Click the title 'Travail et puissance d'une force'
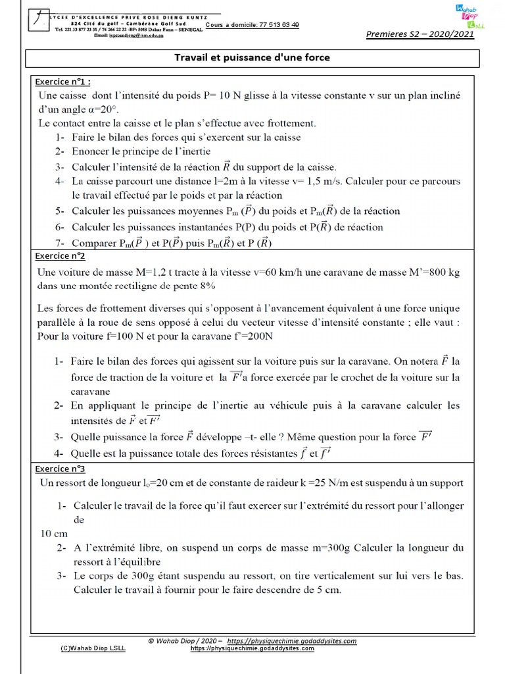point(252,58)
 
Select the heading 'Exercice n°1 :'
point(63,82)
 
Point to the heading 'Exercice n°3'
point(61,469)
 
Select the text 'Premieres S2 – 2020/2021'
point(429,35)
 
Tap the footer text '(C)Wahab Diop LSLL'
point(93,648)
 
